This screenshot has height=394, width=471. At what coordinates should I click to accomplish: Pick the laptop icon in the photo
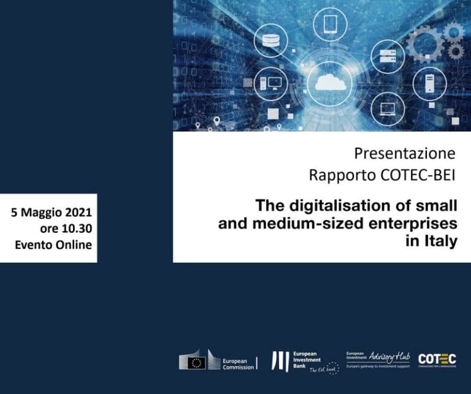388,110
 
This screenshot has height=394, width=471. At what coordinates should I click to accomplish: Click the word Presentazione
405,153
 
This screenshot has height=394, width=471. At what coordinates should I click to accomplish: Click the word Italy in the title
439,241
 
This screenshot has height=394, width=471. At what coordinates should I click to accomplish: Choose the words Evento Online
53,245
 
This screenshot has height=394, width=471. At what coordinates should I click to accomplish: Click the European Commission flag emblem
197,362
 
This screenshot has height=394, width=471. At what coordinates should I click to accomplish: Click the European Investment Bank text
305,360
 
